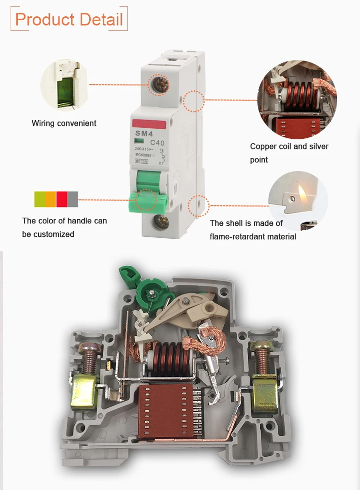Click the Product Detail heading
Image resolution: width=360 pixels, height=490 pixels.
(69, 19)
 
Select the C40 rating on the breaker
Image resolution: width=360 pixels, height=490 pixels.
(157, 142)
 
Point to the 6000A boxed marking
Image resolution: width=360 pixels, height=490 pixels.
(142, 161)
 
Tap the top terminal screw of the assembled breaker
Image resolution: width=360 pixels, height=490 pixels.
(157, 86)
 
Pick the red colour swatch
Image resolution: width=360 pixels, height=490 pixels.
(61, 199)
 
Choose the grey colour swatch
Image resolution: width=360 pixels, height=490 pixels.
(72, 199)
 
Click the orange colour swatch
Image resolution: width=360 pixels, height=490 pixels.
(50, 199)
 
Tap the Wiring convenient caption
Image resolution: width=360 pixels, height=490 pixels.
(64, 123)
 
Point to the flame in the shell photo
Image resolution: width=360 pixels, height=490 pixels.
(302, 194)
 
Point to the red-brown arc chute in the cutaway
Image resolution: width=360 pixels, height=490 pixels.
(168, 411)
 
